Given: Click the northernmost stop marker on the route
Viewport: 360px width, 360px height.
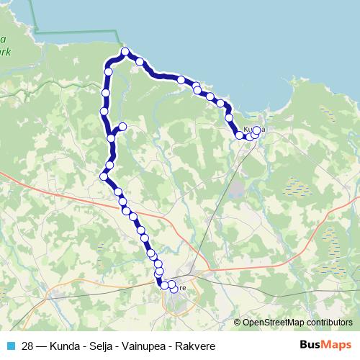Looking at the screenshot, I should tap(125, 52).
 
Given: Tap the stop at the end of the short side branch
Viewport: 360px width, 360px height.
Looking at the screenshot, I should tap(122, 127).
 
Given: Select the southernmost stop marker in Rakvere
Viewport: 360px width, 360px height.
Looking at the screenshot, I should tap(173, 289).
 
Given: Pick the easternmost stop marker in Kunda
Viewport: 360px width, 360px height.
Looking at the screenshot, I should tap(257, 130).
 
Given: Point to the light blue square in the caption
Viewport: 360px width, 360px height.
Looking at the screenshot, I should tap(10, 345).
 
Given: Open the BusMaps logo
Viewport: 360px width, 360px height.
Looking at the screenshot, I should tap(325, 344).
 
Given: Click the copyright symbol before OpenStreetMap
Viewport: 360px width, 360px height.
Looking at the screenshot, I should tap(238, 323).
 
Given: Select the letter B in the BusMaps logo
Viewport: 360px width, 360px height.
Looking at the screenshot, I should tap(303, 344).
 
